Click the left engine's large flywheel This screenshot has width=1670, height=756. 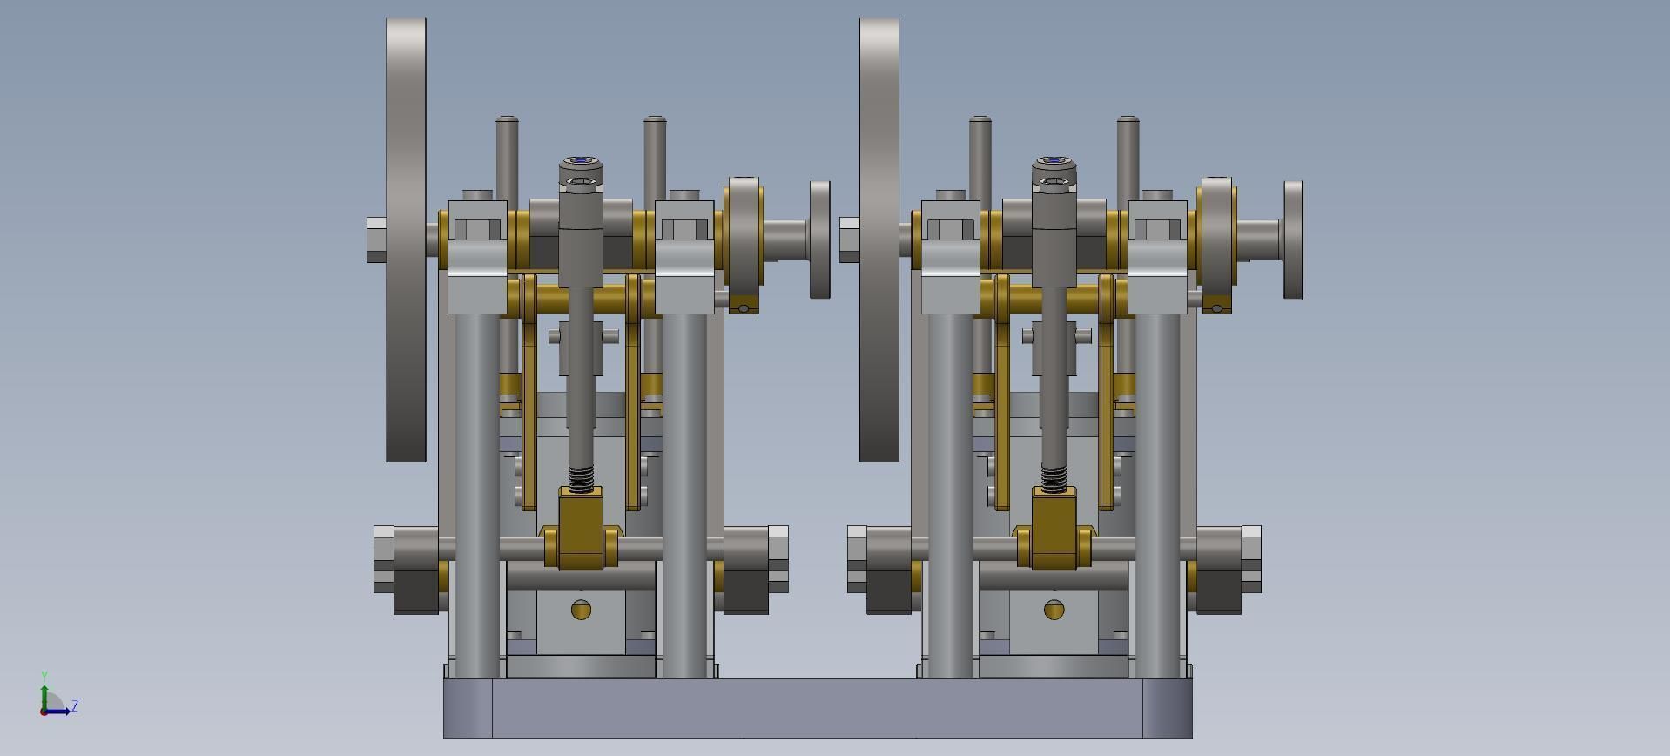pyautogui.click(x=406, y=240)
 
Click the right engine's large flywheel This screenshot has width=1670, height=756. pyautogui.click(x=879, y=240)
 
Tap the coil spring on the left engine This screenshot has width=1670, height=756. pyautogui.click(x=581, y=477)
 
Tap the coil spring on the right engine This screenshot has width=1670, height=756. pyautogui.click(x=1054, y=477)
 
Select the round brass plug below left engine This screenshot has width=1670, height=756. pyautogui.click(x=581, y=610)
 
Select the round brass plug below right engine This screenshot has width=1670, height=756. pyautogui.click(x=1054, y=610)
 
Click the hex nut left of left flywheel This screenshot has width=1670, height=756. pyautogui.click(x=376, y=240)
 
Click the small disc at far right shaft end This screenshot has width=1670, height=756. pyautogui.click(x=1293, y=240)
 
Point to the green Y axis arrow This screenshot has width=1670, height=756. pyautogui.click(x=44, y=688)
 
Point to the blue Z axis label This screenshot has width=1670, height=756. pyautogui.click(x=75, y=706)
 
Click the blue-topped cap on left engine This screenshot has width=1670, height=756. pyautogui.click(x=581, y=163)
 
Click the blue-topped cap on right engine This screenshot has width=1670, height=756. pyautogui.click(x=1054, y=163)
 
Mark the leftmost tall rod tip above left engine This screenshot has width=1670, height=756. pyautogui.click(x=507, y=122)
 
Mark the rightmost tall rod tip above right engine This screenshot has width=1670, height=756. pyautogui.click(x=1128, y=122)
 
